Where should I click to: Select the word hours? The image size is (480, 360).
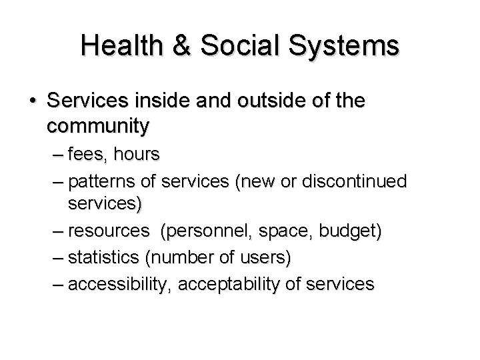click(x=137, y=155)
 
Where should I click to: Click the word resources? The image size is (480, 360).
click(x=109, y=232)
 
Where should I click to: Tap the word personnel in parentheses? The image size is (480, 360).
click(x=200, y=232)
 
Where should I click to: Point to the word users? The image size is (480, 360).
click(x=265, y=258)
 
